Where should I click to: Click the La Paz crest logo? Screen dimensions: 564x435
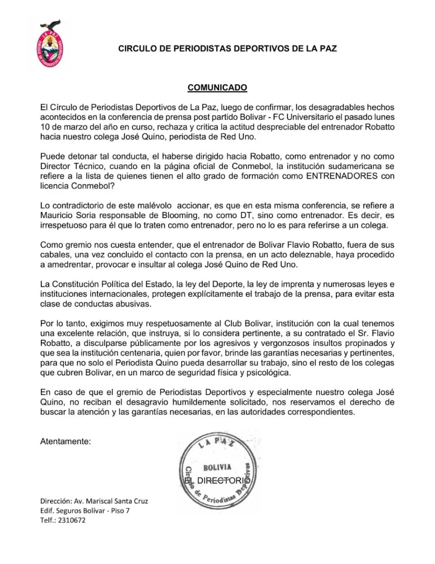click(50, 46)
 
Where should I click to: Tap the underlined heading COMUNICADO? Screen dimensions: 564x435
click(217, 88)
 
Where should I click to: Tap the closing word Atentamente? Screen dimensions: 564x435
click(65, 441)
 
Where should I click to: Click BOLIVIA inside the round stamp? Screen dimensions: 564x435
click(217, 467)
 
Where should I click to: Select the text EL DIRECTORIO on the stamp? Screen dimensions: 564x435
click(217, 481)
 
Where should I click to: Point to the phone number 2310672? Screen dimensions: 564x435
click(72, 520)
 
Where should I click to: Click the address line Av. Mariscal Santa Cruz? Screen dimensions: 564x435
click(110, 501)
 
